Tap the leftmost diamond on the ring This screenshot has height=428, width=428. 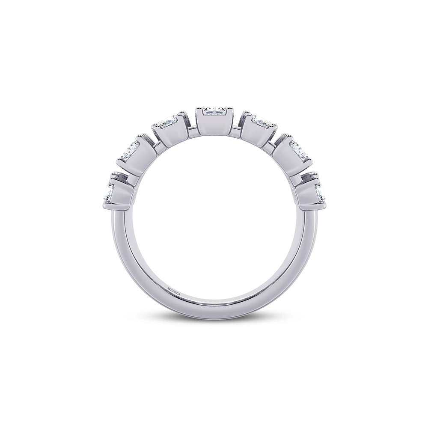[108, 191]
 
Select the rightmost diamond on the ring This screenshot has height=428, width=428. [321, 191]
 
